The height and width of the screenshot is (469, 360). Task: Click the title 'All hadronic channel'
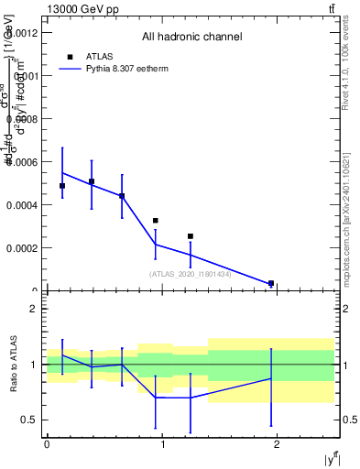tap(191, 38)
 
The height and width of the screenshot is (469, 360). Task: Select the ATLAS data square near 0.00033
tap(156, 221)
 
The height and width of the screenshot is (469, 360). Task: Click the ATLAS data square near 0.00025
tap(191, 236)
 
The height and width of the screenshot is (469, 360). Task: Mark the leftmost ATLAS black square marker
tap(62, 186)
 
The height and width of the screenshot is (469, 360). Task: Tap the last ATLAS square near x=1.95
tap(271, 284)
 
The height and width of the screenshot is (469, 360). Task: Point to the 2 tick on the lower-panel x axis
tap(278, 443)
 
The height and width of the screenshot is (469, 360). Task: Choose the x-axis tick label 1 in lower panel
tap(162, 443)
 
